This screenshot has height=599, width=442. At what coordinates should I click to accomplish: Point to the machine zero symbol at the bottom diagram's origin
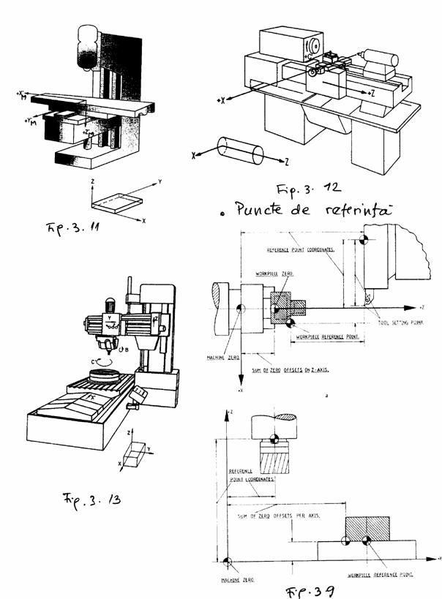point(228,561)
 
